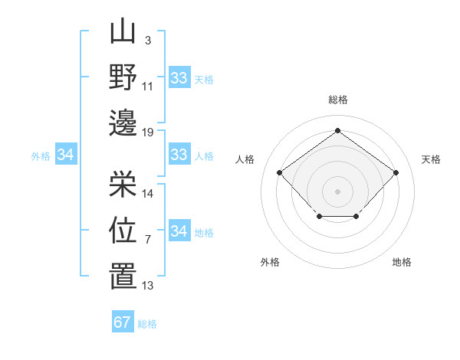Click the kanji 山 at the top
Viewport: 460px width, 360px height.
point(122,34)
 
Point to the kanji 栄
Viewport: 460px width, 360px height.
point(122,184)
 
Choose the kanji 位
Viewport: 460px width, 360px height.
point(122,230)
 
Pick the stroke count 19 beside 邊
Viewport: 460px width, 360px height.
point(148,132)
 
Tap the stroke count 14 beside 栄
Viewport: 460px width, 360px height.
point(148,194)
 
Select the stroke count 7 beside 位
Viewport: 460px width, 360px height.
point(147,240)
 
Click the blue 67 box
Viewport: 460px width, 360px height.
point(123,322)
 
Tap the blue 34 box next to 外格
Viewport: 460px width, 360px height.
point(65,155)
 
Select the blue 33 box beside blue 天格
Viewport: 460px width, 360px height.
point(179,77)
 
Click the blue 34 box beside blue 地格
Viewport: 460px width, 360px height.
point(179,231)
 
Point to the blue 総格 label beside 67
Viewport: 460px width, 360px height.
point(147,324)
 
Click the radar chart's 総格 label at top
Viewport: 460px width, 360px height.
point(337,100)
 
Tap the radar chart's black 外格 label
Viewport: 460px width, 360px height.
point(270,262)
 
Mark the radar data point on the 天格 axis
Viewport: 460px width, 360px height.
point(396,172)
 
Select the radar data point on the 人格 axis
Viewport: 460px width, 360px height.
point(279,172)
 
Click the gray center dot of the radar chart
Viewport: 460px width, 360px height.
point(337,191)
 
